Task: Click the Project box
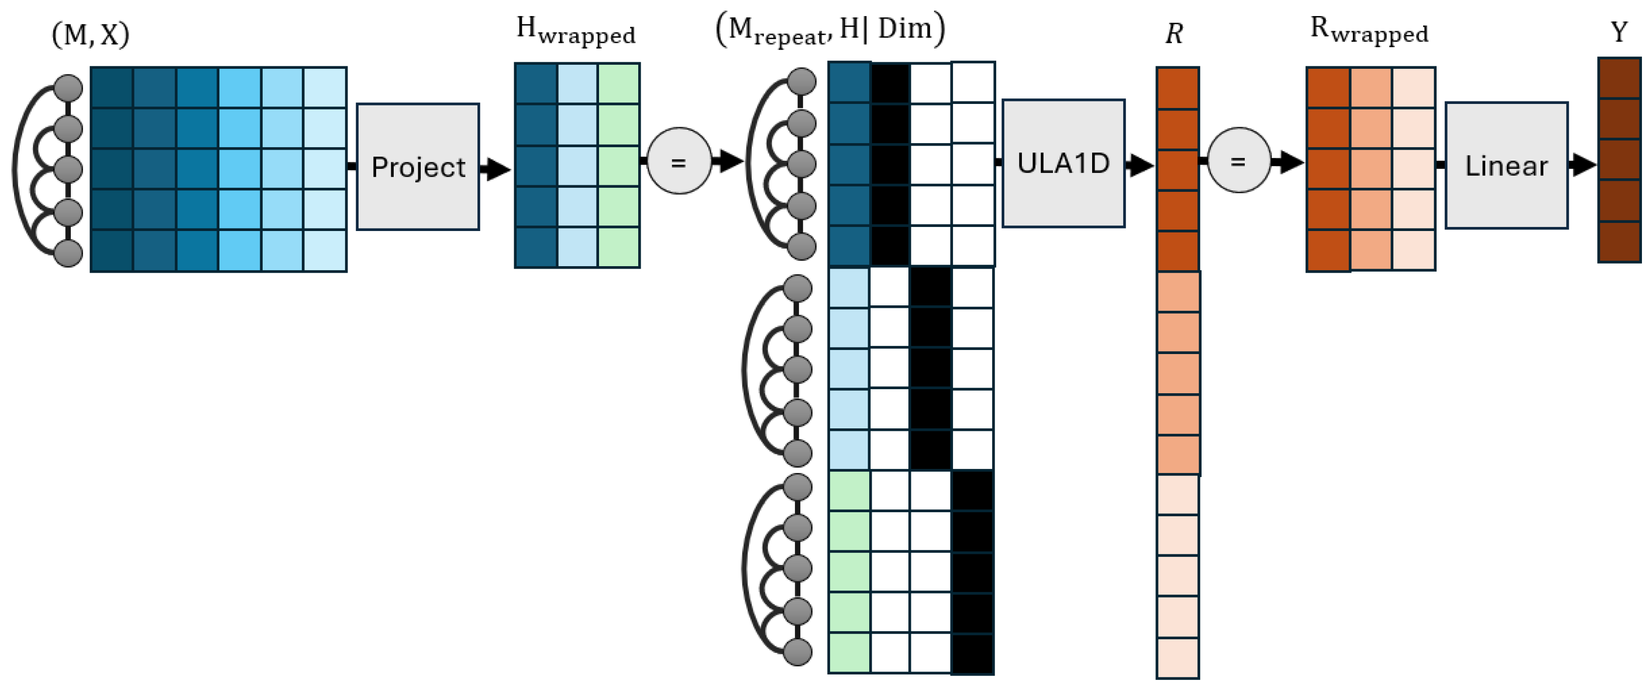click(x=417, y=167)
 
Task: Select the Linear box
click(x=1506, y=165)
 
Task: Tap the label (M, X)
click(x=90, y=35)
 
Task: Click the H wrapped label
click(x=575, y=31)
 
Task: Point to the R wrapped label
click(x=1369, y=30)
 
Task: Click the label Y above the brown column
click(x=1619, y=32)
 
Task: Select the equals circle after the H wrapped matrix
click(x=679, y=162)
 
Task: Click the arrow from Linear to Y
click(x=1582, y=165)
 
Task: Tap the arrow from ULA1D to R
click(x=1139, y=165)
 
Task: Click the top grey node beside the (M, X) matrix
click(x=68, y=88)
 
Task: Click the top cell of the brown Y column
click(x=1619, y=78)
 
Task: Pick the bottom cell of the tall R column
click(x=1177, y=657)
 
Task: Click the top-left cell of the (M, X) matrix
click(x=111, y=88)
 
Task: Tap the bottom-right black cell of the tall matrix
click(x=972, y=654)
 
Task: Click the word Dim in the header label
click(x=904, y=29)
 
